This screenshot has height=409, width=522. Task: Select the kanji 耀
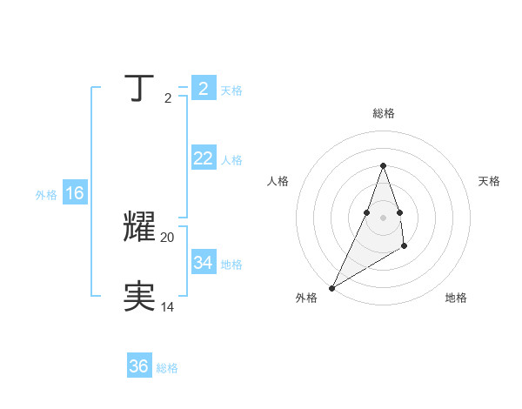coord(140,227)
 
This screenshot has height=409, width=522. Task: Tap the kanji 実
coord(140,297)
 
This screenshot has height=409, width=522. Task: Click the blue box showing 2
coord(203,89)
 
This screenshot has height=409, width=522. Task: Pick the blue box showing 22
coord(203,158)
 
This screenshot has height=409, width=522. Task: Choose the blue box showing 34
coord(203,262)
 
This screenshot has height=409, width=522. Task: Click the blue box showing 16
coord(75,193)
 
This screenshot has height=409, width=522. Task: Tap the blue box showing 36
coord(138,366)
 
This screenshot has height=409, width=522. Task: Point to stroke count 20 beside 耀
coord(168,237)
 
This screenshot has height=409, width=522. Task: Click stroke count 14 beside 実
coord(168,306)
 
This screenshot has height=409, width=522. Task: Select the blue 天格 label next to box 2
coord(231,91)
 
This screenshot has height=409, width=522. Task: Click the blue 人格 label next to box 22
coord(231,160)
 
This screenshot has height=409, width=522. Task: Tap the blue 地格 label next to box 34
coord(231,264)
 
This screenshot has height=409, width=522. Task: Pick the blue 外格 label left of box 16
coord(46,195)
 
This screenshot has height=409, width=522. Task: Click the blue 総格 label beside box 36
coord(167,368)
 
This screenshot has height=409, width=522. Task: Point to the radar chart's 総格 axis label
coord(383,113)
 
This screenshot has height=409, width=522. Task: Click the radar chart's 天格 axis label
coord(489,181)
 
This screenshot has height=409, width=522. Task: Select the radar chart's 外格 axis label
coord(306,298)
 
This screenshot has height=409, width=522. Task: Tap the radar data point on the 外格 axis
coord(331,288)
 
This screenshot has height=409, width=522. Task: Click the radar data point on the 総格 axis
coord(383,165)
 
